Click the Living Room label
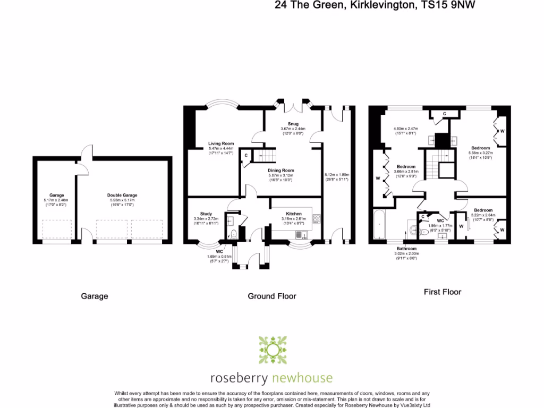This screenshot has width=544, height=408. [x=221, y=143]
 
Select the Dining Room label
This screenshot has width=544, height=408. [x=280, y=171]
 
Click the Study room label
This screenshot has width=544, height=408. [x=206, y=214]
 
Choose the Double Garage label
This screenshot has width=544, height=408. [x=122, y=195]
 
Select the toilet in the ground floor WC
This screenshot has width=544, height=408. [x=233, y=234]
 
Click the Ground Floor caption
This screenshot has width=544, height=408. [x=272, y=296]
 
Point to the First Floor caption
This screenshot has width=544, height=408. [x=442, y=292]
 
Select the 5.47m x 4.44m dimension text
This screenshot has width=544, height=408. [x=221, y=149]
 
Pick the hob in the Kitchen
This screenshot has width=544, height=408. [x=317, y=218]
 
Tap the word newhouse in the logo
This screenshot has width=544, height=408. [x=301, y=378]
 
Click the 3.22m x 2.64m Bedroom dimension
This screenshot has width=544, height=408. [x=483, y=215]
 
